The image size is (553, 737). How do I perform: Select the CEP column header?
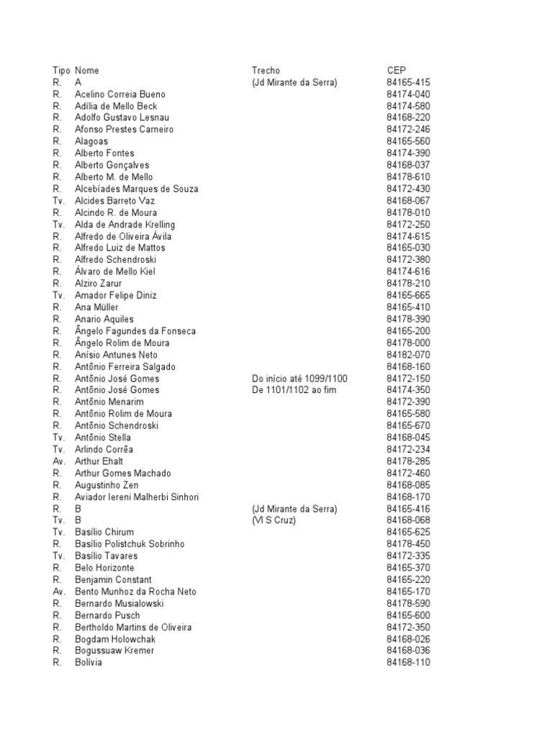(x=396, y=71)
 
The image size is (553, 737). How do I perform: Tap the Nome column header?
(x=86, y=71)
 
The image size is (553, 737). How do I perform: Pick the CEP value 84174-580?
(x=408, y=106)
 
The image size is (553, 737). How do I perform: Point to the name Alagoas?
(x=91, y=142)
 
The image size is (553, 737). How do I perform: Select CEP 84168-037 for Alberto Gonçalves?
(x=408, y=166)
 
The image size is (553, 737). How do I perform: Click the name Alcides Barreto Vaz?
(x=114, y=201)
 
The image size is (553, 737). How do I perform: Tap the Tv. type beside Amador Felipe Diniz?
(x=59, y=296)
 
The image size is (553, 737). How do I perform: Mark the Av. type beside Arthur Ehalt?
(x=59, y=461)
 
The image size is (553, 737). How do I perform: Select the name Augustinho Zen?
(x=107, y=485)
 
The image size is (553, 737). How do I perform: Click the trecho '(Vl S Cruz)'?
(x=274, y=520)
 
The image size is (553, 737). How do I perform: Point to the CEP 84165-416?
(x=408, y=509)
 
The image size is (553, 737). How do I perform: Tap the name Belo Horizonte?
(x=104, y=568)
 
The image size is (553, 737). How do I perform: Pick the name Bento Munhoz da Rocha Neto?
(x=135, y=592)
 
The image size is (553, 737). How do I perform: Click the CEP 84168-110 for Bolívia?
(x=408, y=663)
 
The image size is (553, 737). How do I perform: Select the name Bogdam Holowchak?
(x=115, y=639)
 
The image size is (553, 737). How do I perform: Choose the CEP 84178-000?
(x=408, y=343)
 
